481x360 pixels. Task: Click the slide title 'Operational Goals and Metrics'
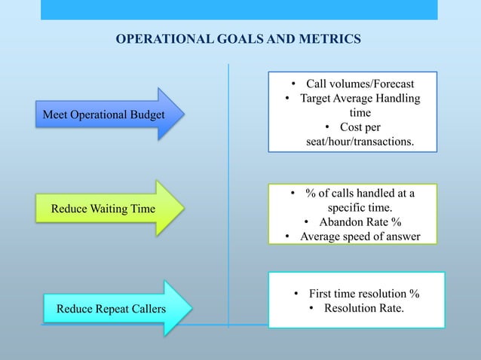[237, 38]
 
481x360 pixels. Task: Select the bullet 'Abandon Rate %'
[359, 222]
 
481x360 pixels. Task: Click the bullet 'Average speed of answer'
[360, 237]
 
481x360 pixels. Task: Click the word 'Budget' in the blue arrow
[146, 114]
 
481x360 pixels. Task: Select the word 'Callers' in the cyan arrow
[148, 308]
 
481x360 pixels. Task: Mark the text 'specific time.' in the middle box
[359, 208]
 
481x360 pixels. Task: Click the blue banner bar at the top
[238, 10]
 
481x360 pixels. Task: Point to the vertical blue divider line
[228, 196]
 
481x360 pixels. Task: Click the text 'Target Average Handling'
[360, 98]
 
